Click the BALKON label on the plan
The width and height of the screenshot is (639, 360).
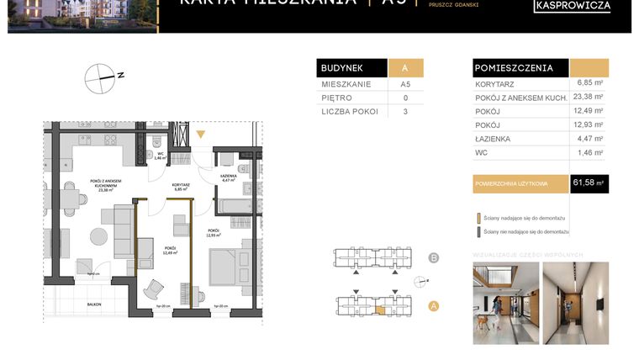pos(93,304)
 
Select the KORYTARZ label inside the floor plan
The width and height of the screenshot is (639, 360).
pos(180,185)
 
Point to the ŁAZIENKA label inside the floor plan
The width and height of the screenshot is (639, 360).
pos(227,176)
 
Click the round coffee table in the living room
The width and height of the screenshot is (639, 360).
pos(99,236)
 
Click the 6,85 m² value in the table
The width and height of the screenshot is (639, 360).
pos(589,83)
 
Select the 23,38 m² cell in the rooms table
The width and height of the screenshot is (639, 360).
pos(589,97)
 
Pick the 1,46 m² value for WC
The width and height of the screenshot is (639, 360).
pos(589,152)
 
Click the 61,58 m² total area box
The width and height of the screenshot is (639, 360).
pos(589,183)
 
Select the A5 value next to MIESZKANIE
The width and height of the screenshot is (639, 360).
pos(405,84)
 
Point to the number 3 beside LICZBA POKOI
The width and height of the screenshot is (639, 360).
pos(405,111)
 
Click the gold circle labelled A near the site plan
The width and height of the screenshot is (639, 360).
pos(434,306)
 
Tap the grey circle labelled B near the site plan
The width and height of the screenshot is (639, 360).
pos(434,258)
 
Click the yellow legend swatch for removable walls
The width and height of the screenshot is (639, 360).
pos(478,216)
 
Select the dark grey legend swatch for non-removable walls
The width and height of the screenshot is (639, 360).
pos(478,231)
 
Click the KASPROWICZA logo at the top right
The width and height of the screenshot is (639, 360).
pos(573,6)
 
